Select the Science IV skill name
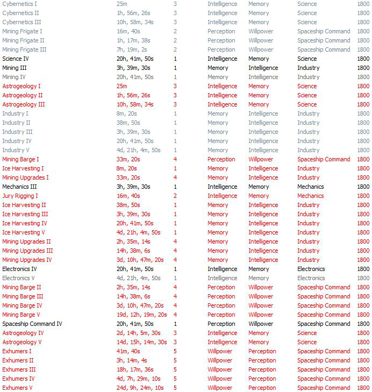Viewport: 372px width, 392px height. (x=16, y=59)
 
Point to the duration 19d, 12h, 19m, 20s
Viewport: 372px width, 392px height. (x=141, y=315)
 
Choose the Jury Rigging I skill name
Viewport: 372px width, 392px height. (x=20, y=196)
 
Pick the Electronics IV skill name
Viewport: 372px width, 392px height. (x=19, y=269)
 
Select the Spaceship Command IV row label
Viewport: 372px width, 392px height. (x=32, y=324)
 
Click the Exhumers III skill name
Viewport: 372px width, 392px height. (x=19, y=369)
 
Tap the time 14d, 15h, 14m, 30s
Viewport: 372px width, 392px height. (x=141, y=342)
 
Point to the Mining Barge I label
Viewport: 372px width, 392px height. (x=20, y=159)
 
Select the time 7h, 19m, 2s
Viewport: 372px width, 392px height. (x=132, y=49)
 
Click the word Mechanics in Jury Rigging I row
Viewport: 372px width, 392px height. (x=311, y=196)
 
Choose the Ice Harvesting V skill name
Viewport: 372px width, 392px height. (x=24, y=232)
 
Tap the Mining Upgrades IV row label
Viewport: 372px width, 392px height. (x=27, y=260)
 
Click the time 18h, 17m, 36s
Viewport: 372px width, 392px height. (x=135, y=369)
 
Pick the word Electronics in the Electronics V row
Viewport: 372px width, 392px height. (x=311, y=278)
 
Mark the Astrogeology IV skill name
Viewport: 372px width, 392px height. (x=23, y=333)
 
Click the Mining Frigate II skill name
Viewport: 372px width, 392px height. (x=23, y=40)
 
